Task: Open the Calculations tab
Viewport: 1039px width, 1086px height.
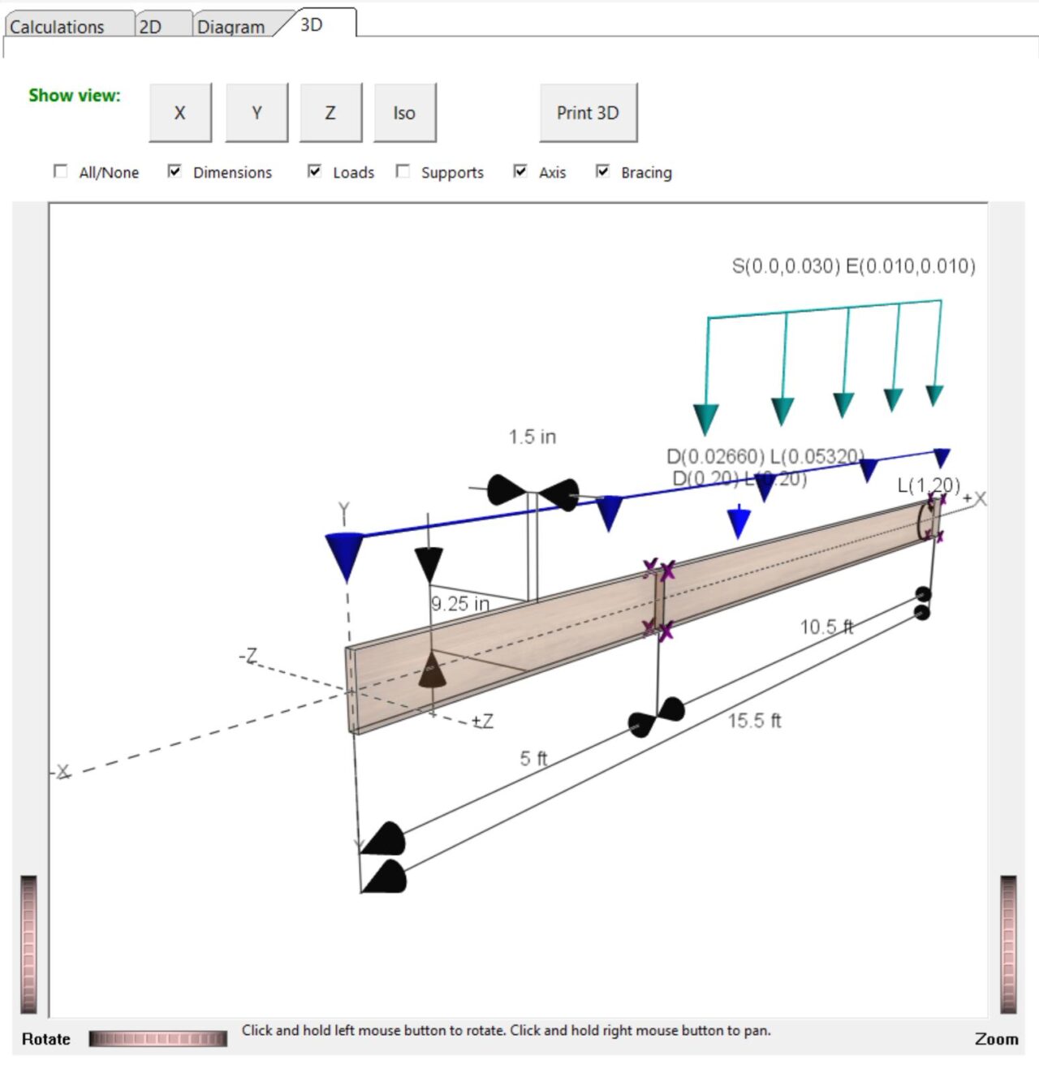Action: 57,27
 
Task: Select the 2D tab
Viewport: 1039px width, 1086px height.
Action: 151,27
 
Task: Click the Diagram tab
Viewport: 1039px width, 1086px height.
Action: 231,27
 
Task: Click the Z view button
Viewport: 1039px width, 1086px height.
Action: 330,113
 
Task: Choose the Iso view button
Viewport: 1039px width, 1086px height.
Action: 404,113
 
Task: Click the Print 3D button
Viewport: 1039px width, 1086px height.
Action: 588,113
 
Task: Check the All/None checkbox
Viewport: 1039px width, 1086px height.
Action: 61,171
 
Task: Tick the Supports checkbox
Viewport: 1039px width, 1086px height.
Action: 403,171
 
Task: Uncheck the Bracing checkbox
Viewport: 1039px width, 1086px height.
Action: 602,171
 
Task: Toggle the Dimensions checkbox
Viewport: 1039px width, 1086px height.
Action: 175,171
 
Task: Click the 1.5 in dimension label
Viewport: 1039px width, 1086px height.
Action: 532,437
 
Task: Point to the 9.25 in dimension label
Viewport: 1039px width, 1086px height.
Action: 459,604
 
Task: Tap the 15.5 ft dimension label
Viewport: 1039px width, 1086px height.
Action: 754,721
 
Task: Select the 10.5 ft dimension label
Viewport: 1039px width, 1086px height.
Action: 826,627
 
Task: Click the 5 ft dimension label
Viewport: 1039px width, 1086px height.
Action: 533,758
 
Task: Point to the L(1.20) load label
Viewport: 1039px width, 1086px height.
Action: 928,485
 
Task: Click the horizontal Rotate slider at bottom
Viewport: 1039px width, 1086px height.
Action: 157,1038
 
